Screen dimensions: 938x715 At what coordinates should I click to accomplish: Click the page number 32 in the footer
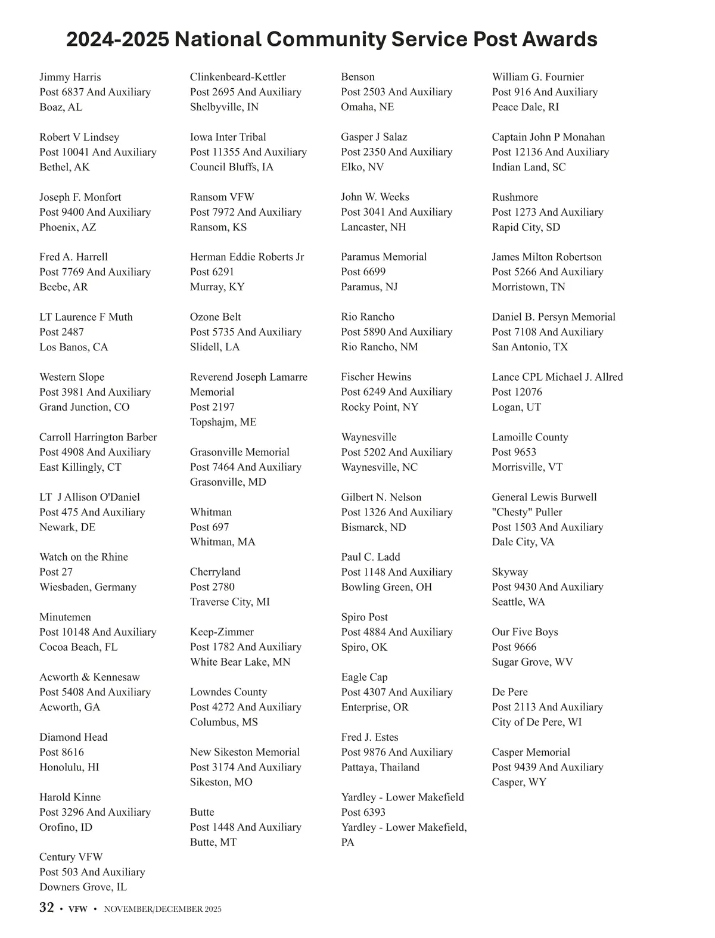(46, 908)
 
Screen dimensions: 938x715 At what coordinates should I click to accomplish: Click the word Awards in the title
(559, 39)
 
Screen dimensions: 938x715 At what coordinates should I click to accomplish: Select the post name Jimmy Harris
(70, 77)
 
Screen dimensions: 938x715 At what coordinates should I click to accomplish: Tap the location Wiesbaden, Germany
(88, 587)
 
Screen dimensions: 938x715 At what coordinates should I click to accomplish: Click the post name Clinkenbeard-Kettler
(238, 77)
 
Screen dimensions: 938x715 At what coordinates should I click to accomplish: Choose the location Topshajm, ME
(223, 422)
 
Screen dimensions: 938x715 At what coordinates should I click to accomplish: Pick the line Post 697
(209, 527)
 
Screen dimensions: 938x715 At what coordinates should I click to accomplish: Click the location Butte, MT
(213, 842)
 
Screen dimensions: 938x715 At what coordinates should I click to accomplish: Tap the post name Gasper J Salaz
(374, 137)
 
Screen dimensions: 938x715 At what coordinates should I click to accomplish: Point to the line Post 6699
(363, 272)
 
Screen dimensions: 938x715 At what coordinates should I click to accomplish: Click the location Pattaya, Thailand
(380, 767)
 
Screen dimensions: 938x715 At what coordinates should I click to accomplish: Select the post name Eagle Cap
(364, 677)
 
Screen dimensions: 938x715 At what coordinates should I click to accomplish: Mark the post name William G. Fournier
(537, 77)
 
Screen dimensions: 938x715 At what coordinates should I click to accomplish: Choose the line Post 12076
(517, 392)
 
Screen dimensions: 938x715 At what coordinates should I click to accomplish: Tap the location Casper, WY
(518, 782)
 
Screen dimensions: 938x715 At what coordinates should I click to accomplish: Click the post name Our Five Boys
(525, 632)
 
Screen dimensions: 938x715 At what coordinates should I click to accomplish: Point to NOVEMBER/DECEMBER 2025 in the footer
(163, 909)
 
